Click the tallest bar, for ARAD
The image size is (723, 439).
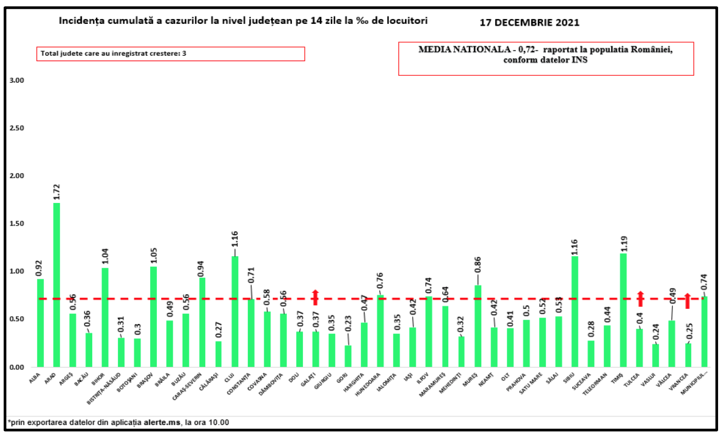[57, 285]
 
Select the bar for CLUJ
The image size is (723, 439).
[234, 312]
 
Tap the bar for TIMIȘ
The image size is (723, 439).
[623, 310]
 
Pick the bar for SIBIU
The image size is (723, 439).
[575, 312]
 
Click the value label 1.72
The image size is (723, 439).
[57, 190]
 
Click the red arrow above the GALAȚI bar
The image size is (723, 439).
[316, 297]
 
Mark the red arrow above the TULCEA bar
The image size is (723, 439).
[640, 298]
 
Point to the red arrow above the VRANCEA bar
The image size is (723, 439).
[687, 300]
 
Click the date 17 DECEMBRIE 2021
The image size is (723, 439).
[529, 23]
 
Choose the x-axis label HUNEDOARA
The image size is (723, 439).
[374, 388]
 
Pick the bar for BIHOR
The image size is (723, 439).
[105, 317]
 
